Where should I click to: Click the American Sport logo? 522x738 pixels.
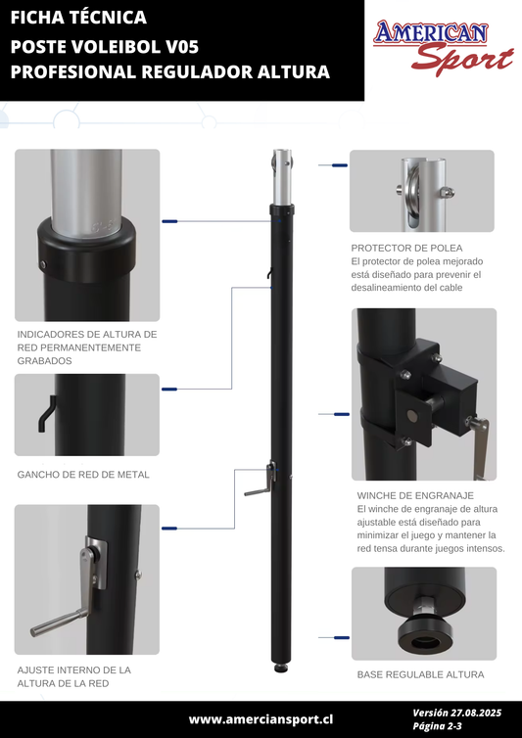(x=443, y=48)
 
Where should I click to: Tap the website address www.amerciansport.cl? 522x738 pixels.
(x=261, y=719)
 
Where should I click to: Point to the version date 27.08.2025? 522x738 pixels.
(x=475, y=713)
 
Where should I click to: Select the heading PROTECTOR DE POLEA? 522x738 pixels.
(x=406, y=248)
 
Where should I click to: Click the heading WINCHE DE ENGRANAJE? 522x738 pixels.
(x=415, y=495)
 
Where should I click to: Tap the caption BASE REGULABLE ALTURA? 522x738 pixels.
(x=420, y=674)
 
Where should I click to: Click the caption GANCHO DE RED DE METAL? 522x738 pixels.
(x=83, y=475)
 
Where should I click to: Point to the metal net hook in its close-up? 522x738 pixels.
(x=46, y=414)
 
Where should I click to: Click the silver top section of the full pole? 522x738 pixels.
(x=282, y=177)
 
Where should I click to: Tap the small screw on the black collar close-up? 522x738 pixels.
(x=43, y=263)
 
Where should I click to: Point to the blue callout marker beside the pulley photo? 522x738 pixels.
(x=340, y=165)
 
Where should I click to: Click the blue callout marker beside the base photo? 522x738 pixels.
(x=342, y=638)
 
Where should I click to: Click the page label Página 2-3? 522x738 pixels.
(x=437, y=726)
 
